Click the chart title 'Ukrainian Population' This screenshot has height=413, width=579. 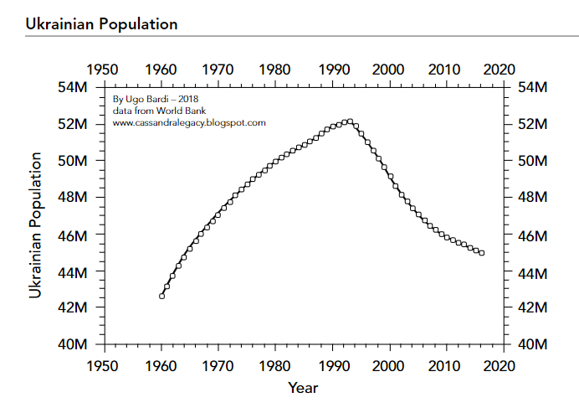coord(101,23)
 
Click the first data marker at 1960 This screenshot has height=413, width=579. coord(161,296)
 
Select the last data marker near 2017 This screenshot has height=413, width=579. coord(482,253)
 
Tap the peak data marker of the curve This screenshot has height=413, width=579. coord(350,121)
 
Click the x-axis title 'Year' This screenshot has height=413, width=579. coord(302,388)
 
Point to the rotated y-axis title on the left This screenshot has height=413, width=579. coord(36,214)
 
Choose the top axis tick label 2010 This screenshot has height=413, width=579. coord(446,70)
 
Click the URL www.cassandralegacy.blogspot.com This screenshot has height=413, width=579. coord(188,122)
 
